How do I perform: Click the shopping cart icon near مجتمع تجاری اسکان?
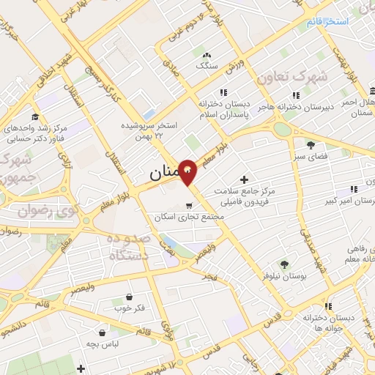[190, 205]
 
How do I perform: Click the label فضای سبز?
[311, 157]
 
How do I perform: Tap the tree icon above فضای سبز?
[311, 144]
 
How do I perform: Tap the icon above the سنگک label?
[207, 54]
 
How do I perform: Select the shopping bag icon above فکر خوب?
[130, 297]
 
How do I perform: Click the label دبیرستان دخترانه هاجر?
[297, 107]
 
